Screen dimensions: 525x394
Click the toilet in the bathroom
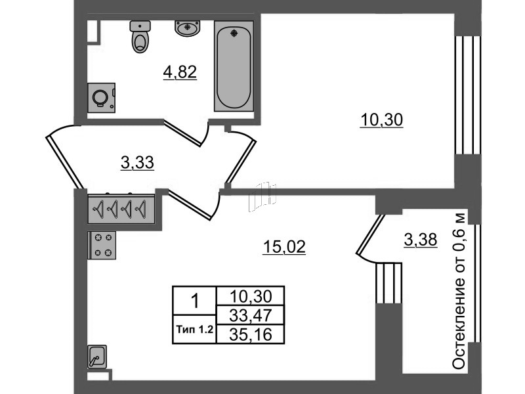point(140,37)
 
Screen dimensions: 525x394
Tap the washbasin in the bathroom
point(187,28)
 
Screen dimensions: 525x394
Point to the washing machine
point(102,97)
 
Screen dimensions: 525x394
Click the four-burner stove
point(102,245)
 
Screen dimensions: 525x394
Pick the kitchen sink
point(97,357)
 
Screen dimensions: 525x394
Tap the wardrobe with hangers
point(121,209)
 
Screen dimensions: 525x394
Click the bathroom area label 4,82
point(180,72)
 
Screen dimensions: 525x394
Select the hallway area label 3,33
point(137,163)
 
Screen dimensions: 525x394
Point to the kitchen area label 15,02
point(284,247)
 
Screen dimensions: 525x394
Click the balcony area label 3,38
point(421,240)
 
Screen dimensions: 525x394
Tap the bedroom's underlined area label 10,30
point(381,120)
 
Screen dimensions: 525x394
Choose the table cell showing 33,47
point(251,315)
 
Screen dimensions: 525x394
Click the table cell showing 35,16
point(251,334)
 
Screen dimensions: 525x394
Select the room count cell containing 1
point(194,301)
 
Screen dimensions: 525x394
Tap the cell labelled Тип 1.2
point(194,330)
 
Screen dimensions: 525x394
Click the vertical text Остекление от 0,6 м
point(458,291)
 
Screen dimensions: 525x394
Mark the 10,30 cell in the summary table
point(251,296)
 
